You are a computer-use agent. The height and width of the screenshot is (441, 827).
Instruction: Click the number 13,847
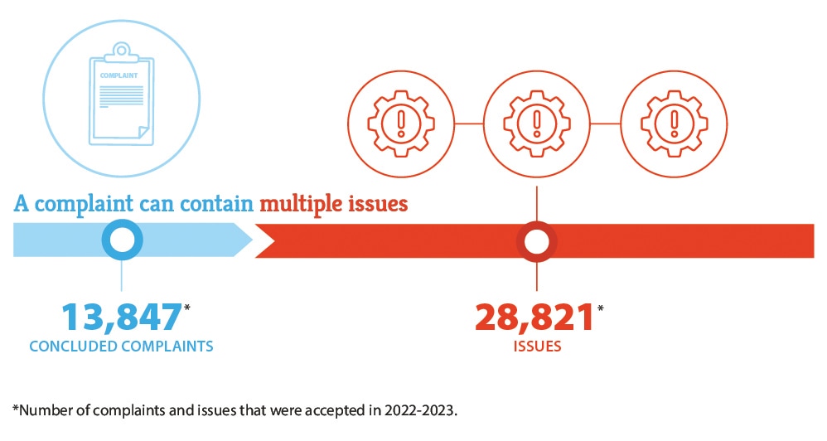point(121,318)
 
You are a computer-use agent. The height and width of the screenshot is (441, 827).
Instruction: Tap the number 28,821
point(534,318)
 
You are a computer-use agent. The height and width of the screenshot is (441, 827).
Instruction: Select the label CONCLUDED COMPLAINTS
point(121,346)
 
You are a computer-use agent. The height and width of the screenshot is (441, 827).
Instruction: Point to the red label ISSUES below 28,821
point(536,346)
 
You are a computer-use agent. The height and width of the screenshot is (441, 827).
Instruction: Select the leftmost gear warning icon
point(402,124)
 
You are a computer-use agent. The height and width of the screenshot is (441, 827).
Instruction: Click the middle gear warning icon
point(538,124)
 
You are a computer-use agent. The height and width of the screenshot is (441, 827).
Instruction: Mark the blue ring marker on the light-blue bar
point(122,240)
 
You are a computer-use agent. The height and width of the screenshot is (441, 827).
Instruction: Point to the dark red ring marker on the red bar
point(537,241)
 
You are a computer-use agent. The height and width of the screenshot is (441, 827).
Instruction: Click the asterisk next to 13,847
point(188,308)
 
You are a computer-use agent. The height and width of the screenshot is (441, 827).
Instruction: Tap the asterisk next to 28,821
point(600,308)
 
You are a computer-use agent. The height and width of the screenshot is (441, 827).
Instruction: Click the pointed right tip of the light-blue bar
point(251,240)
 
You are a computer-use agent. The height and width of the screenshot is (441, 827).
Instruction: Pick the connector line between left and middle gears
point(470,124)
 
